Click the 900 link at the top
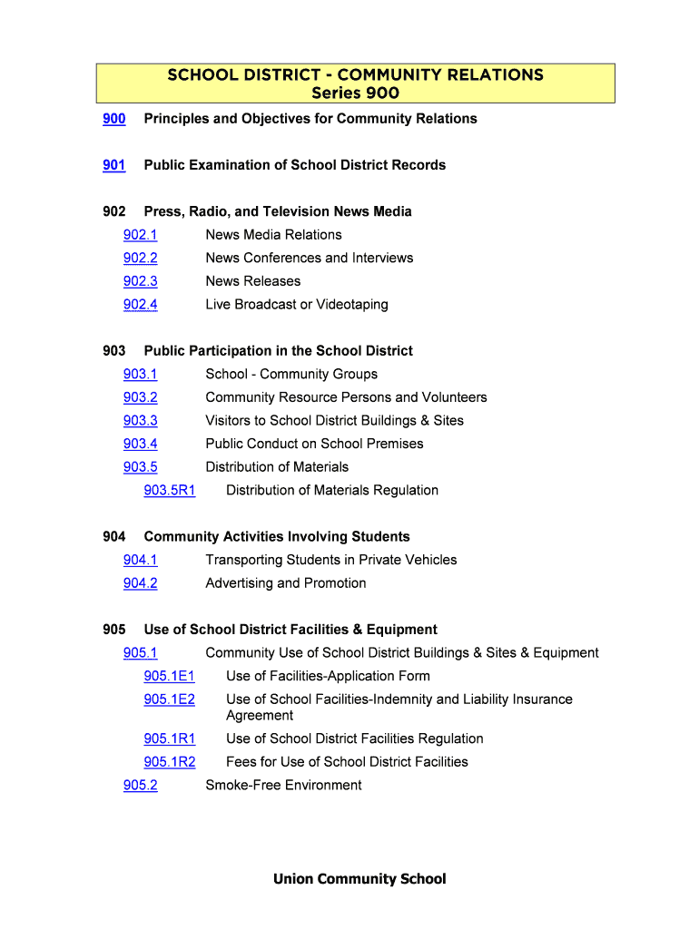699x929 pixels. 114,119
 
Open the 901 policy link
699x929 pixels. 114,165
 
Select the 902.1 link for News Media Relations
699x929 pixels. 140,235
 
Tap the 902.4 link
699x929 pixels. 140,305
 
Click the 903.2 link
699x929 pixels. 140,397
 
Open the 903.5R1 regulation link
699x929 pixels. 169,491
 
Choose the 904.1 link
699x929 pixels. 140,560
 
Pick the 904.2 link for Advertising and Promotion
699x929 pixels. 140,583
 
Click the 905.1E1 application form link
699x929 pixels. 169,676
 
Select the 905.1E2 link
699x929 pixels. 169,699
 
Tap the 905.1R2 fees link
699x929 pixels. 169,762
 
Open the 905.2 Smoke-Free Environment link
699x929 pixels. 140,786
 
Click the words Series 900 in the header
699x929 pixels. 355,93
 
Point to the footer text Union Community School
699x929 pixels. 359,879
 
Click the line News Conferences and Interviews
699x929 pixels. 309,259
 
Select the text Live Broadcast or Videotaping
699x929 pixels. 296,305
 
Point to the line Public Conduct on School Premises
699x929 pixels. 314,444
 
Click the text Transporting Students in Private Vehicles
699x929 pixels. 330,560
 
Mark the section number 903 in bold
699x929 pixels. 114,351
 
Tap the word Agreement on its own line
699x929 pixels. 260,716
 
